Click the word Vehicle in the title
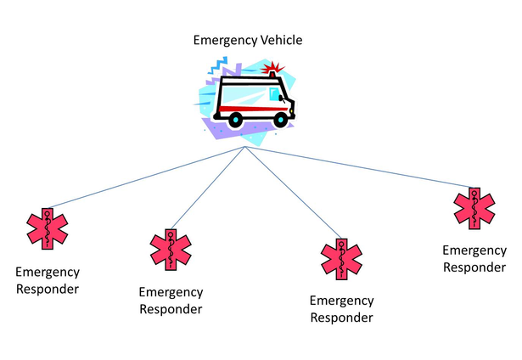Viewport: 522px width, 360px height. click(280, 40)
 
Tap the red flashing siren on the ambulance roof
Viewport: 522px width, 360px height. click(272, 69)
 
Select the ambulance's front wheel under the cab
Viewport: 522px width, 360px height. click(279, 120)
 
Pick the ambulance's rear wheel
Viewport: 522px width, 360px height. click(234, 120)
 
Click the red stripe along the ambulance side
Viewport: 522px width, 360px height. click(246, 107)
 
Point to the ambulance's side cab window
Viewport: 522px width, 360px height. click(276, 93)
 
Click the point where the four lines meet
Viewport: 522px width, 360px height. click(245, 147)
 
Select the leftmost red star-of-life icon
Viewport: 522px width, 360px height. click(48, 228)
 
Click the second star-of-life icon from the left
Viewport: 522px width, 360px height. click(171, 248)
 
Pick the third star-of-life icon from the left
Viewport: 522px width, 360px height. click(341, 258)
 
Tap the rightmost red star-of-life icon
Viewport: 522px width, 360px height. click(474, 208)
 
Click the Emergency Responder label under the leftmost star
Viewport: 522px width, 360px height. click(48, 280)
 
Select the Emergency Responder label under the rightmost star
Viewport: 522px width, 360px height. click(474, 258)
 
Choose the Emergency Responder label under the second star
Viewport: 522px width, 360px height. click(171, 301)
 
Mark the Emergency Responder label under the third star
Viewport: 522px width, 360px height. click(341, 309)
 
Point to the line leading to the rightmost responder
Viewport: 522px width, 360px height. click(356, 166)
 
